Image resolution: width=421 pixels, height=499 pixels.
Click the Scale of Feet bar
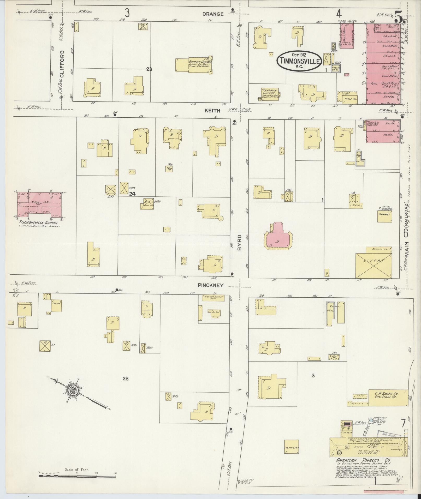coord(77,476)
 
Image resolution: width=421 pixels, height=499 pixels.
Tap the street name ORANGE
coord(213,14)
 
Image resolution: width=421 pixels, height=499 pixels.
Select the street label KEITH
coord(212,111)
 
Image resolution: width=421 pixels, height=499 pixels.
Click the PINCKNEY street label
coord(210,285)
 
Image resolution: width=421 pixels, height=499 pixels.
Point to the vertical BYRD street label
coord(240,242)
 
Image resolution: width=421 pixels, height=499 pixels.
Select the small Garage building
coord(385,215)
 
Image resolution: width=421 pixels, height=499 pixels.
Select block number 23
coord(149,69)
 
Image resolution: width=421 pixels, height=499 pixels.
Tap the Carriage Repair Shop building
coord(214,298)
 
